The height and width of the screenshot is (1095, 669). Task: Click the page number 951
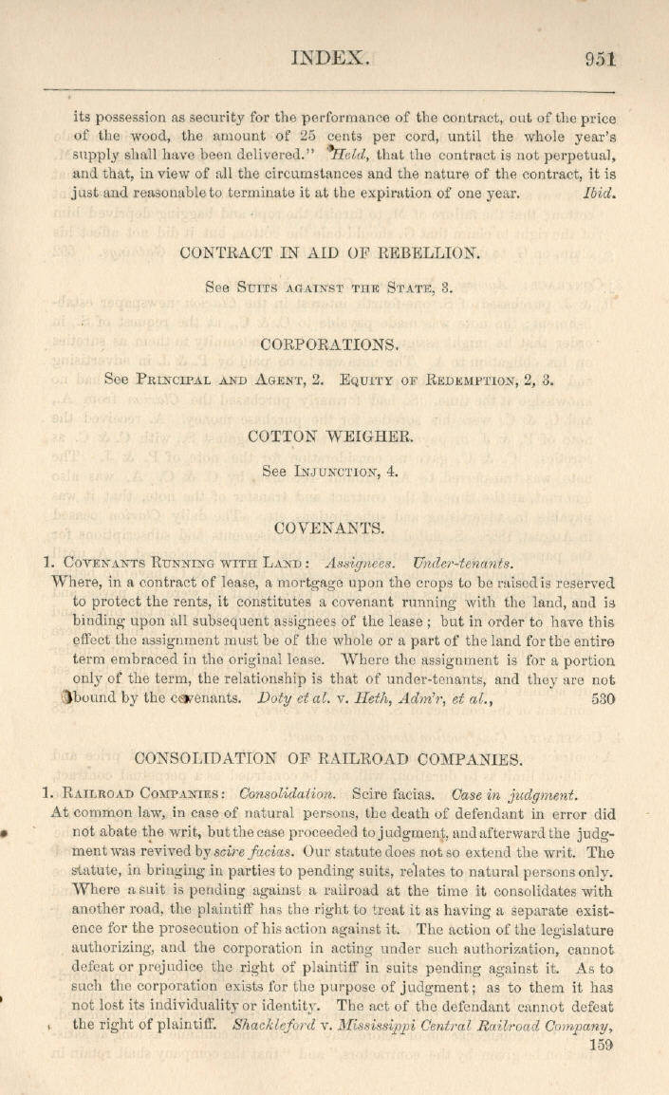pos(602,58)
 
